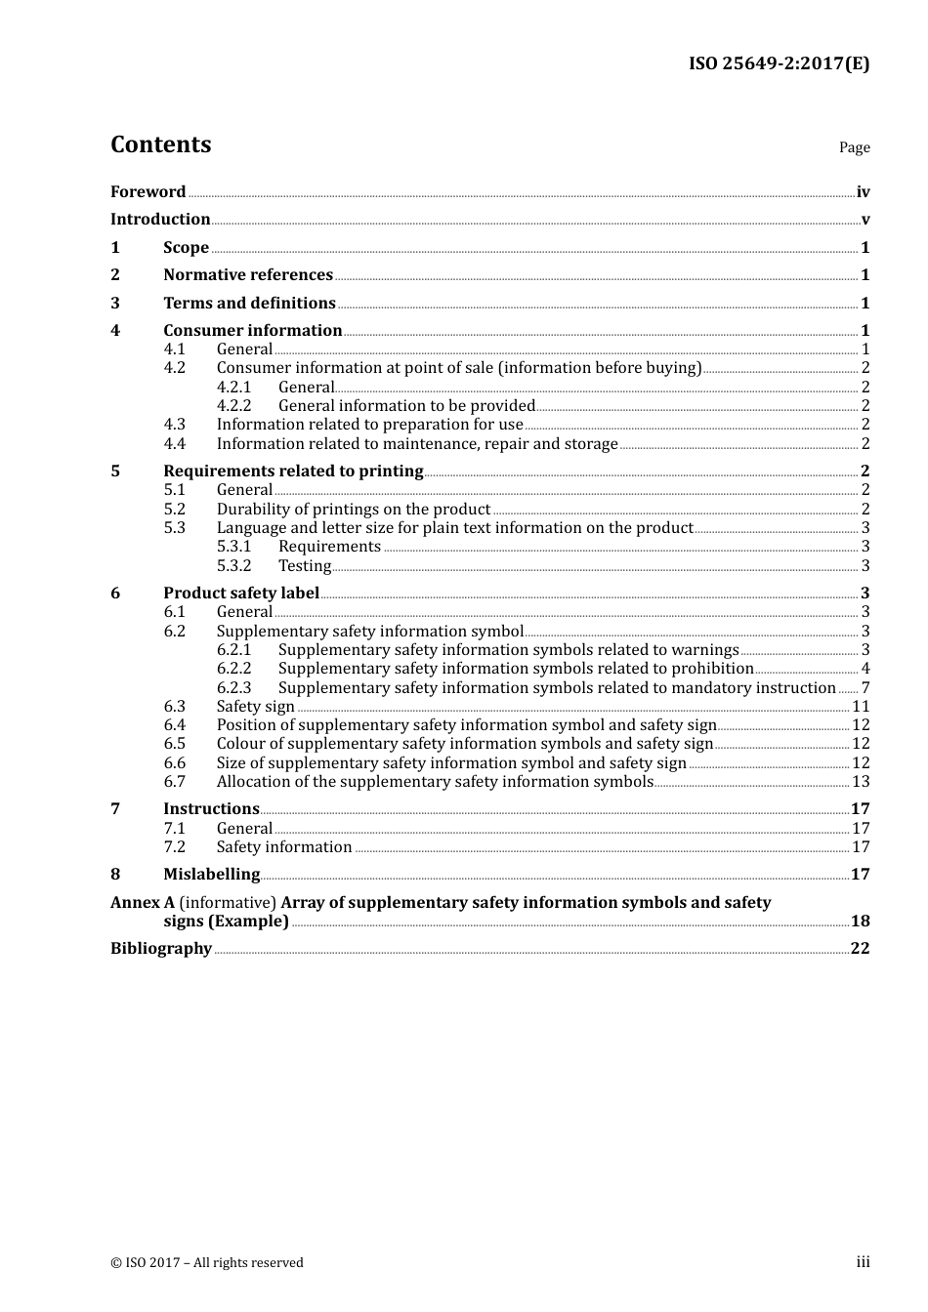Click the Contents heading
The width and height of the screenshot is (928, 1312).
(x=160, y=144)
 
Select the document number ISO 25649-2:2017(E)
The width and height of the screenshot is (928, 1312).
(x=779, y=63)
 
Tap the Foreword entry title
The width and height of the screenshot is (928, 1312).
(x=148, y=192)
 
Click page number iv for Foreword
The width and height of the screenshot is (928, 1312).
(x=863, y=192)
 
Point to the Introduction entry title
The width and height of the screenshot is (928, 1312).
(x=160, y=220)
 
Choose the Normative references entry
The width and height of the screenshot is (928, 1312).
(x=248, y=275)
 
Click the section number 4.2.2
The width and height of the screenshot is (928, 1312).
(x=233, y=406)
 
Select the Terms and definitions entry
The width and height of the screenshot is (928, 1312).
(x=249, y=304)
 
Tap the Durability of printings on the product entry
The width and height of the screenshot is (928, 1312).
(x=353, y=510)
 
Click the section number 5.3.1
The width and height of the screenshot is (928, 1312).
(x=233, y=547)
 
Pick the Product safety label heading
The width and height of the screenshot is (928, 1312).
(x=241, y=594)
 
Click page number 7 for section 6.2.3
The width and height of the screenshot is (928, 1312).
(x=865, y=688)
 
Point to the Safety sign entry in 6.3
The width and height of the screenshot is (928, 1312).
(x=255, y=707)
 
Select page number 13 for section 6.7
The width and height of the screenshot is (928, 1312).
(x=861, y=782)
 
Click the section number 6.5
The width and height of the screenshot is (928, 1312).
(x=174, y=744)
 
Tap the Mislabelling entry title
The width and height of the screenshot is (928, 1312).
(x=211, y=875)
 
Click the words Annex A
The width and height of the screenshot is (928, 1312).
(x=143, y=903)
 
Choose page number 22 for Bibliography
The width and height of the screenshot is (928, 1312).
(x=860, y=949)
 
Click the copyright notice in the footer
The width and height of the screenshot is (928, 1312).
(x=207, y=1263)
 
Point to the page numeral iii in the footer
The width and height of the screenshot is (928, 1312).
(x=863, y=1262)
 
